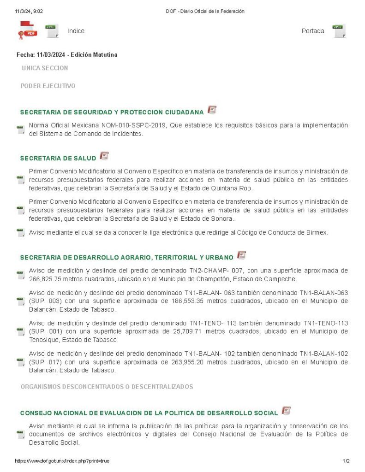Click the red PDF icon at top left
tap(27, 31)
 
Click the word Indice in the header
tap(76, 31)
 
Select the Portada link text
tap(313, 31)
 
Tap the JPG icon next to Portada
tap(339, 31)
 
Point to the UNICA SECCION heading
tap(45, 68)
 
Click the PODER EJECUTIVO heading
tap(48, 86)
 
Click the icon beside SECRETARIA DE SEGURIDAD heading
tap(212, 110)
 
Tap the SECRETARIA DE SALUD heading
tap(58, 158)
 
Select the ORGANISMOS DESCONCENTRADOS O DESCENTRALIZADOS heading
tap(107, 386)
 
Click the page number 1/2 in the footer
tap(346, 461)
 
